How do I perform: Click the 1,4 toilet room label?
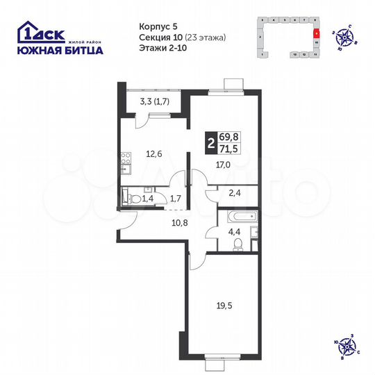pyautogui.click(x=148, y=199)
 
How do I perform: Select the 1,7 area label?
pyautogui.click(x=176, y=199)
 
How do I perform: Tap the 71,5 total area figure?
pyautogui.click(x=228, y=150)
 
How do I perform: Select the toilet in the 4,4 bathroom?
pyautogui.click(x=237, y=242)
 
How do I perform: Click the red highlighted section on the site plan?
pyautogui.click(x=316, y=32)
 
